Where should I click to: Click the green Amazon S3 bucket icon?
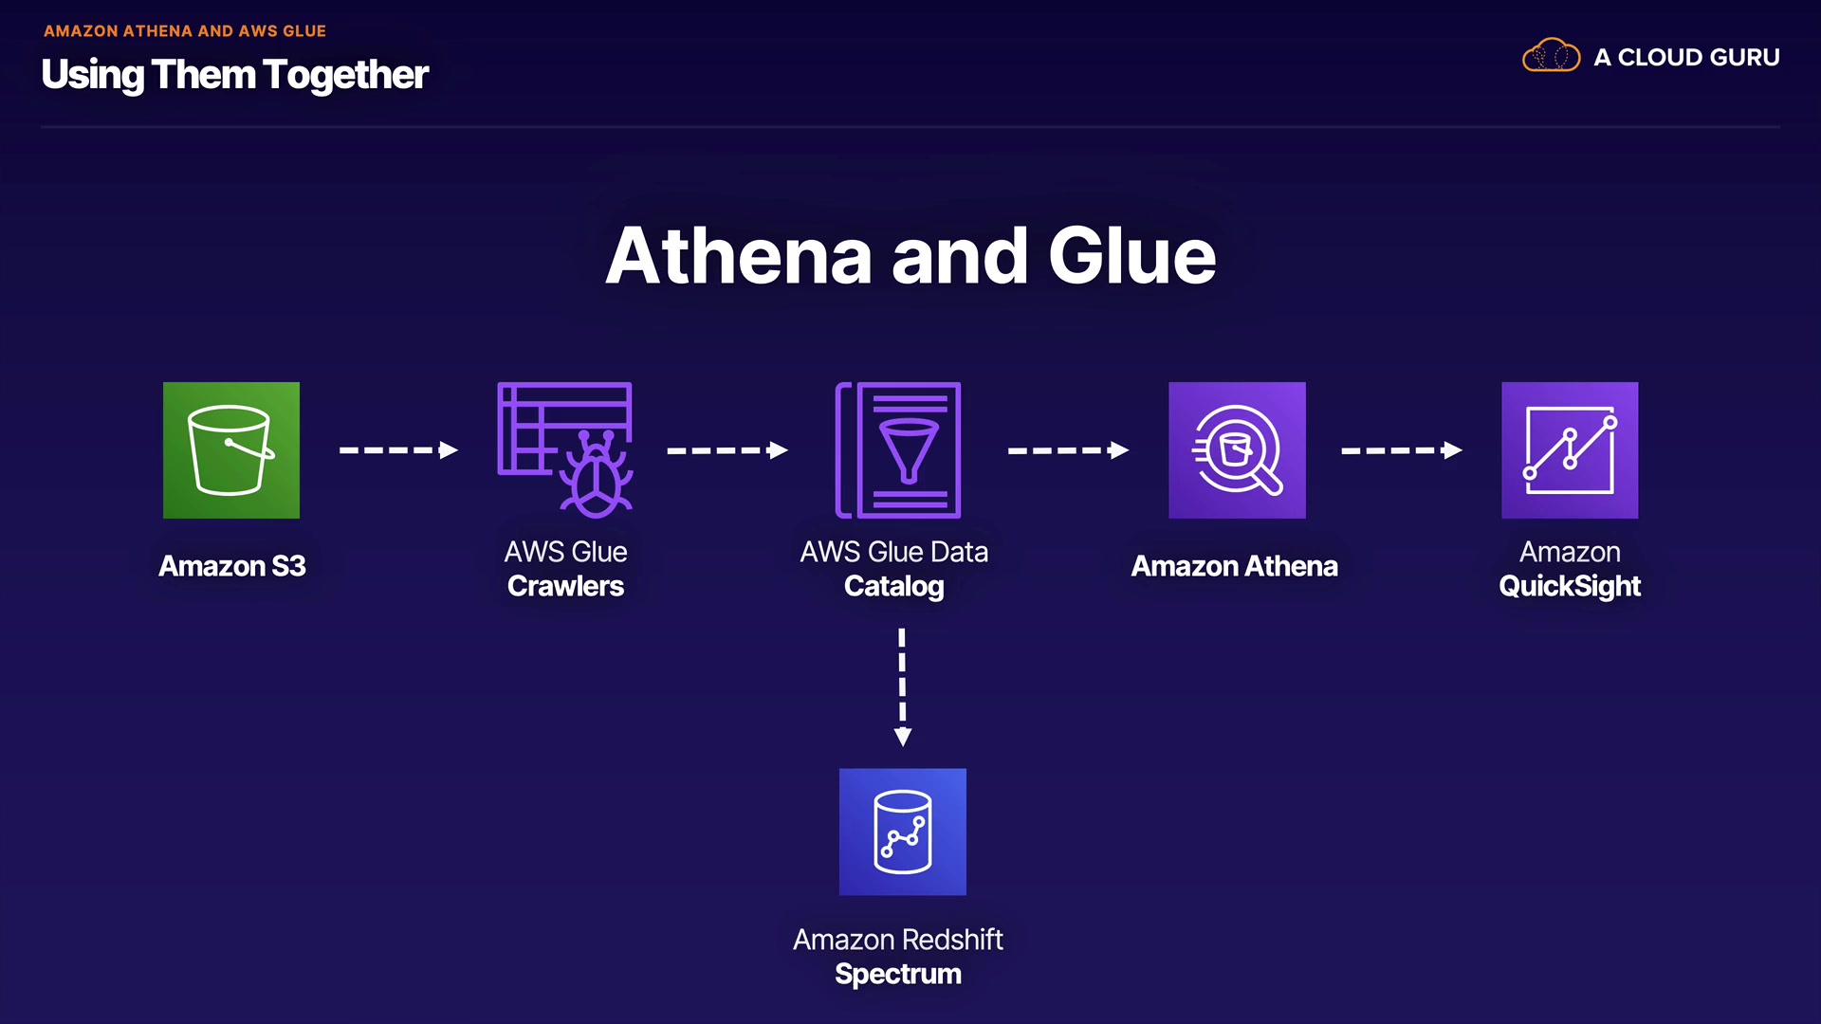click(x=231, y=450)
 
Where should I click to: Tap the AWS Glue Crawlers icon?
click(x=565, y=450)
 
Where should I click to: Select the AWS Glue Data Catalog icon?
click(x=898, y=450)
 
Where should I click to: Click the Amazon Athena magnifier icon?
click(x=1237, y=450)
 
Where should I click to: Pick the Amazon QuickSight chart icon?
click(x=1570, y=450)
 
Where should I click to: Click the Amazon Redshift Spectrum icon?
click(x=903, y=832)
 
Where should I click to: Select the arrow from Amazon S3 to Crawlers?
click(x=398, y=450)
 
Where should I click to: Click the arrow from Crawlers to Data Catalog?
click(x=727, y=450)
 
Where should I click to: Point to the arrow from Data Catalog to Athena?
click(x=1068, y=450)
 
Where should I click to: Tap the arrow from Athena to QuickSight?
click(x=1401, y=450)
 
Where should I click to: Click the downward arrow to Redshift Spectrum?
click(x=903, y=687)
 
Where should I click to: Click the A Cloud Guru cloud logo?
click(x=1551, y=56)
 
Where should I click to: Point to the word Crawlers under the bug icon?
click(x=565, y=586)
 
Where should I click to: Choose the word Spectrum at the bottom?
click(x=898, y=974)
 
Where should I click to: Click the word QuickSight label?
click(x=1570, y=586)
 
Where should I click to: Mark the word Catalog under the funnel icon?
click(x=894, y=586)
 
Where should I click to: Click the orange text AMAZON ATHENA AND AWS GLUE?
click(x=185, y=31)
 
